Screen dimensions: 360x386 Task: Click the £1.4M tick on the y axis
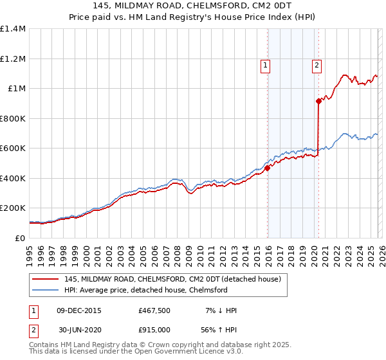[x=13, y=29]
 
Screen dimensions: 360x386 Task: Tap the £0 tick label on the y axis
[x=21, y=238]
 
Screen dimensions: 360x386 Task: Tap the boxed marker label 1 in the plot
[x=265, y=64]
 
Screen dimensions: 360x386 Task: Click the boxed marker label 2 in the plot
[x=317, y=64]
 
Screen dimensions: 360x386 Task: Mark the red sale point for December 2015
[x=267, y=168]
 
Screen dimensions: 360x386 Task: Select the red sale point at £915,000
[x=318, y=101]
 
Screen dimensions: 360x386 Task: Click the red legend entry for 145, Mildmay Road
[x=172, y=279]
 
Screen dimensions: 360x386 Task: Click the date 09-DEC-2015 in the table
[x=80, y=310]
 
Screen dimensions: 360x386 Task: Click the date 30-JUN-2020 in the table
[x=80, y=330]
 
